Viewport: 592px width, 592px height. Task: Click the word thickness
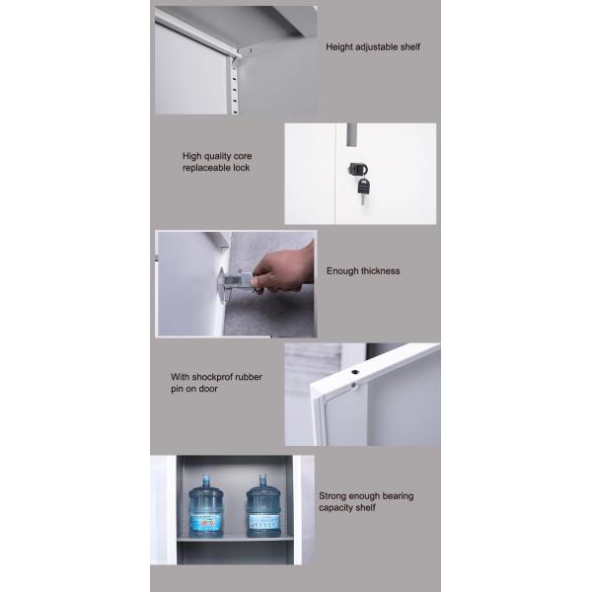pyautogui.click(x=380, y=271)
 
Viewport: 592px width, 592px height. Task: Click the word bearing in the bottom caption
pyautogui.click(x=398, y=496)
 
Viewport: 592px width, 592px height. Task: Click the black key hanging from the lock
pyautogui.click(x=363, y=190)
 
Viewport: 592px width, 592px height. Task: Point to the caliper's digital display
pyautogui.click(x=233, y=280)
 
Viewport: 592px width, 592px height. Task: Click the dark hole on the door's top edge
pyautogui.click(x=355, y=372)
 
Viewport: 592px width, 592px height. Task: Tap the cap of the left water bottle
pyautogui.click(x=205, y=478)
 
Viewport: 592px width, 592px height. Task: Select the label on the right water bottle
pyautogui.click(x=263, y=521)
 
